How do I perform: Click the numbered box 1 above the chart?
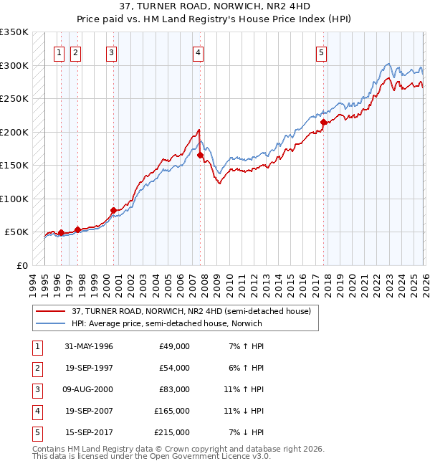coord(59,52)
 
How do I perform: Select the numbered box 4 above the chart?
coord(197,52)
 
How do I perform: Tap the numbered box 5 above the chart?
coord(321,52)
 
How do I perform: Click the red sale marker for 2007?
coord(200,155)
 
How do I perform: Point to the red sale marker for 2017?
coord(323,122)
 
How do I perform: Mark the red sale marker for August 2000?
coord(113,210)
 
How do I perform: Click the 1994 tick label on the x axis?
coord(32,282)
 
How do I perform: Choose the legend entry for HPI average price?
coord(166,323)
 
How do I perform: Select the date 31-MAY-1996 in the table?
coord(88,346)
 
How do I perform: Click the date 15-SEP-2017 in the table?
coord(88,433)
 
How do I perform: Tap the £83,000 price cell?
coord(172,390)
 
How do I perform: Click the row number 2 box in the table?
coord(36,368)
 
